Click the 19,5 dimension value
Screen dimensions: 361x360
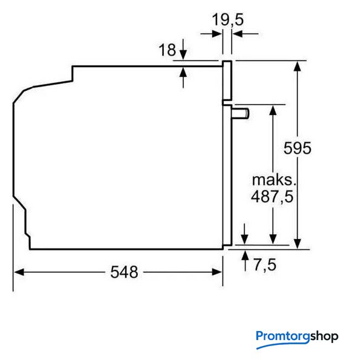coord(227,20)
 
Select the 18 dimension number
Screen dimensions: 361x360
coord(167,50)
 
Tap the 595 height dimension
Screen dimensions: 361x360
coord(298,148)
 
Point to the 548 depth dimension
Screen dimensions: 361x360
coord(124,272)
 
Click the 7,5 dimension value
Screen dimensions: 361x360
coord(265,265)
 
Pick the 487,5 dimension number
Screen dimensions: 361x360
coord(272,197)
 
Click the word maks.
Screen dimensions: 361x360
coord(274,180)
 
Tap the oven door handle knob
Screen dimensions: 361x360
coord(240,114)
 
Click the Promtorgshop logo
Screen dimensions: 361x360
coord(297,339)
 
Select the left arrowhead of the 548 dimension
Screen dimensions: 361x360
coord(19,272)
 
